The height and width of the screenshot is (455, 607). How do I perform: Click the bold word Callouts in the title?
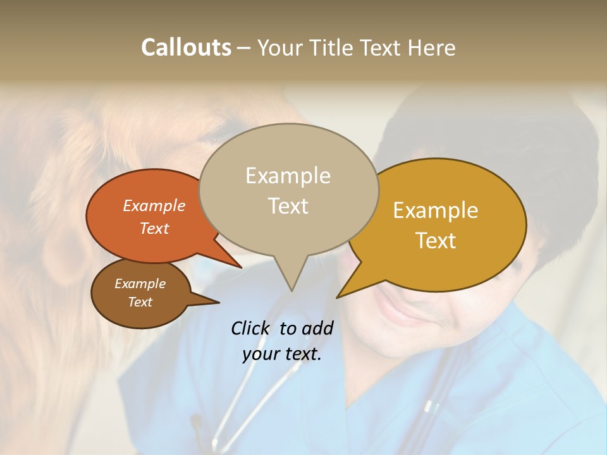click(186, 47)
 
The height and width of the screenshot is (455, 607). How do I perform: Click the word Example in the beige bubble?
click(288, 176)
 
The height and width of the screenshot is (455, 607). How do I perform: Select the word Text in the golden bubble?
click(436, 241)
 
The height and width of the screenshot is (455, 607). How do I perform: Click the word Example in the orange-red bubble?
click(154, 205)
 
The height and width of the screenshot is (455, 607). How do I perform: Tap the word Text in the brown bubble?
click(140, 302)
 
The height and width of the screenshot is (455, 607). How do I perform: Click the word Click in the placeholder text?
click(250, 328)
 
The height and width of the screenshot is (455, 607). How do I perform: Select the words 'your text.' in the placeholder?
click(282, 354)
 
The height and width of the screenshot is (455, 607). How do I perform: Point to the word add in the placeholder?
click(318, 328)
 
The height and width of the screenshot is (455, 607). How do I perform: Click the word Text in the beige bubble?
click(288, 206)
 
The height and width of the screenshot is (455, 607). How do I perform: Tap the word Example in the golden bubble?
click(436, 210)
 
